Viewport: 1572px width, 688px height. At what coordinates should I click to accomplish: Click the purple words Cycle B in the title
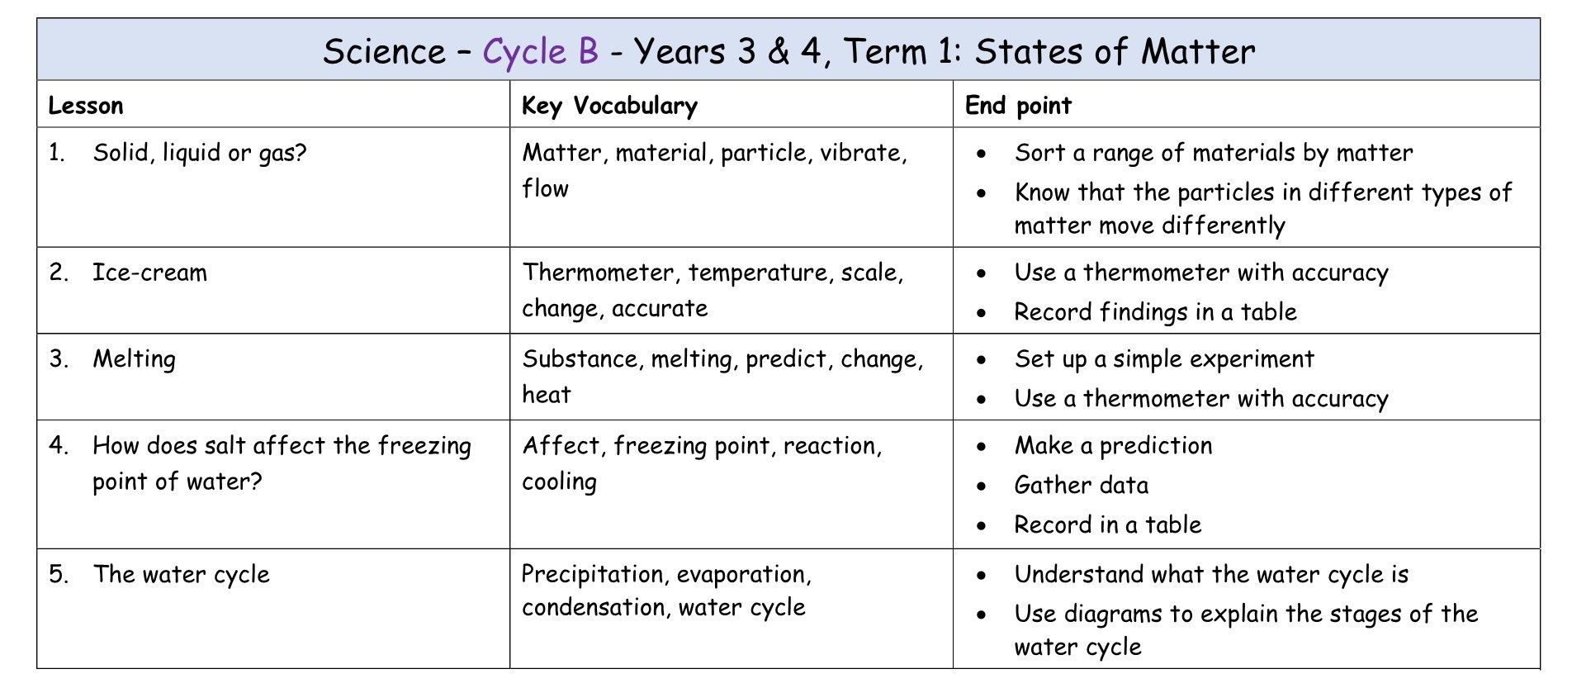540,51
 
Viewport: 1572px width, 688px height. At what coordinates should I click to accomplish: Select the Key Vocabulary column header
609,106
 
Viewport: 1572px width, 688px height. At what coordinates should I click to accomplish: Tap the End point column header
1017,106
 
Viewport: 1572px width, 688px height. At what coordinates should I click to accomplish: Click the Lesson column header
86,106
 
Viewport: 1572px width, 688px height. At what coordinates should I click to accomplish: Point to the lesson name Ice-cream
149,273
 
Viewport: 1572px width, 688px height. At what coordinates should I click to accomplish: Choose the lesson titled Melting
134,359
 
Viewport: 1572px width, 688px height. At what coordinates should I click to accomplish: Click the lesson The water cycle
181,574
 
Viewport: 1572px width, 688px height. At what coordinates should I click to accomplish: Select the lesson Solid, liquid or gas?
199,153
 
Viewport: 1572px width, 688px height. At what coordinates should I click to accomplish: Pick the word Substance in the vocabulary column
580,359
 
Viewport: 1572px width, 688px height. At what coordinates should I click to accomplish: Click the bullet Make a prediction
1113,446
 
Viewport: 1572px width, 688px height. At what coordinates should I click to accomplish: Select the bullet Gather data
1081,486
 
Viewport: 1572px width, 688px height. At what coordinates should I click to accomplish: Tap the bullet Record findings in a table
1155,312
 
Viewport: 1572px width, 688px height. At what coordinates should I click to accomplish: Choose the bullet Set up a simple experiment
1163,359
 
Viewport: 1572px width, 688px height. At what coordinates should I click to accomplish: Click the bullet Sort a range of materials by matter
1213,153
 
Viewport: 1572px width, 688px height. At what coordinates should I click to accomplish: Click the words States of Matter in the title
1115,51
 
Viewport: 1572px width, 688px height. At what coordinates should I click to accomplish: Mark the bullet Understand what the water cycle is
1211,574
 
